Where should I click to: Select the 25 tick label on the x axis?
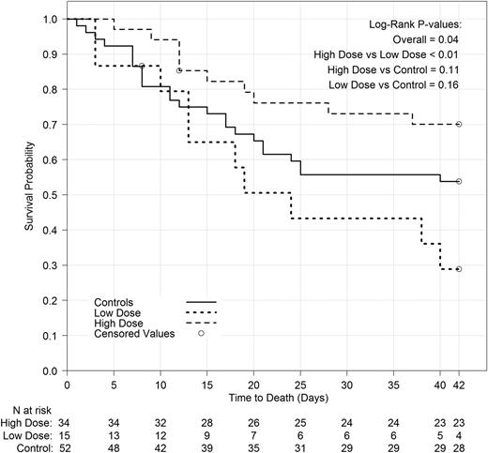click(300, 384)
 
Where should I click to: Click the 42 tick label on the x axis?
click(459, 384)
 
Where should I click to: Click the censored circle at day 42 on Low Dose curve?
click(459, 269)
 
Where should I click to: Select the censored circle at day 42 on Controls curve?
click(459, 181)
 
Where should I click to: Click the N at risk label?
click(27, 410)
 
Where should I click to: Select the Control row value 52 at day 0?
click(67, 445)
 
